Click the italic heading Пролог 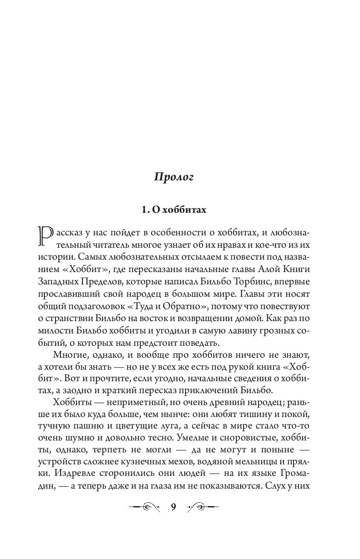pyautogui.click(x=174, y=178)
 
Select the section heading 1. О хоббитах pyautogui.click(x=174, y=210)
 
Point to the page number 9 pyautogui.click(x=173, y=507)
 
